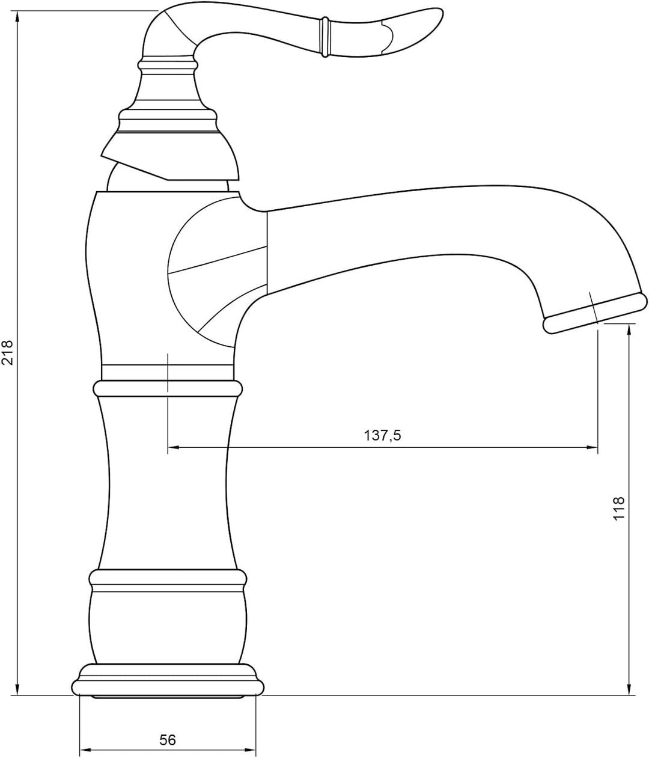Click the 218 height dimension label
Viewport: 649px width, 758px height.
tap(8, 352)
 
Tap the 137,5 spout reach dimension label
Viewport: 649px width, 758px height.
tap(382, 435)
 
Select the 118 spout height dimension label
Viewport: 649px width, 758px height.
tap(618, 508)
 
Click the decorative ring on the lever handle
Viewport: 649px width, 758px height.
tap(324, 37)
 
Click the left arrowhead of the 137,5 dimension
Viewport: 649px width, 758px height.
tap(173, 447)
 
